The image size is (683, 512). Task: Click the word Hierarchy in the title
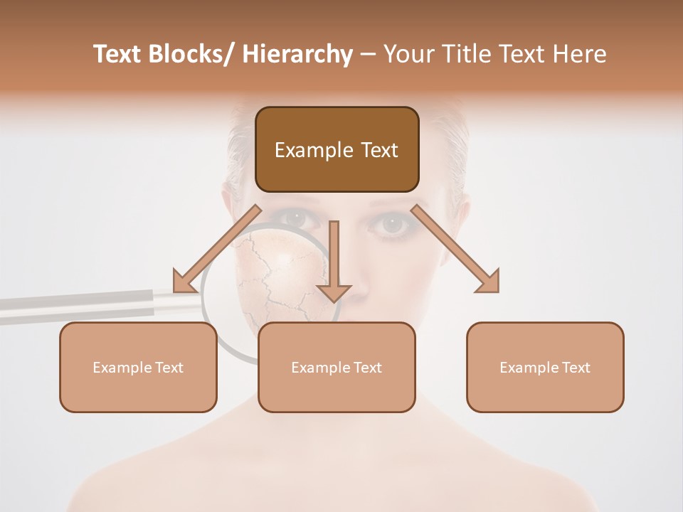coord(297,55)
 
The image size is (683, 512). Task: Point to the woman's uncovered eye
coord(391,225)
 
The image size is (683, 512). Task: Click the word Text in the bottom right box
coord(575,368)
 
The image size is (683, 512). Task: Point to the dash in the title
coord(369,55)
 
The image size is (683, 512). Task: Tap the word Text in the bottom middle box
coord(366,368)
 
